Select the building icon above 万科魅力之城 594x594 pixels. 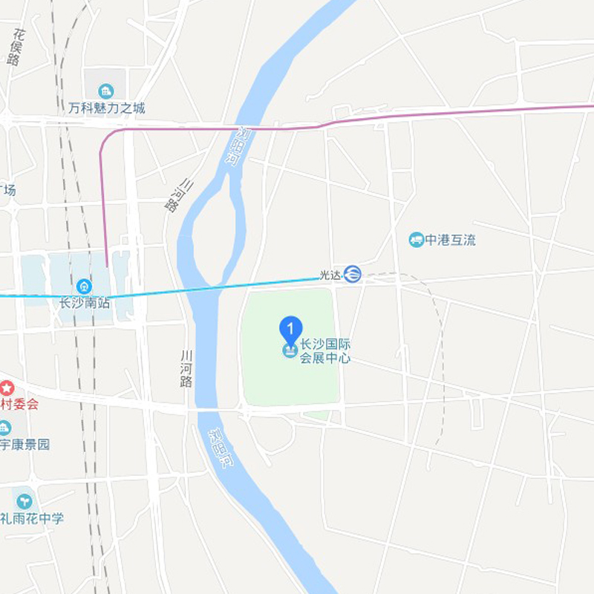tap(105, 91)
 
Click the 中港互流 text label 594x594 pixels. tap(451, 240)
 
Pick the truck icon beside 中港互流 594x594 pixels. tap(417, 240)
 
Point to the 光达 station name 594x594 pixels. tap(329, 275)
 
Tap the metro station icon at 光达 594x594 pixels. tap(352, 274)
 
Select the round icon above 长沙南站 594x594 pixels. tap(84, 286)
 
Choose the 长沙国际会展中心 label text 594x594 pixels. tap(324, 351)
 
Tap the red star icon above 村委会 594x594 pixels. tap(7, 388)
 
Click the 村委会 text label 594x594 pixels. tap(19, 405)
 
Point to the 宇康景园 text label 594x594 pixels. tap(25, 444)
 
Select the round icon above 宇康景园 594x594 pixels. tap(4, 428)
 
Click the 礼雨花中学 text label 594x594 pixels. tap(33, 518)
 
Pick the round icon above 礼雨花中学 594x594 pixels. tap(23, 500)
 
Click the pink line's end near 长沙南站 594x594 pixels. tap(106, 265)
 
